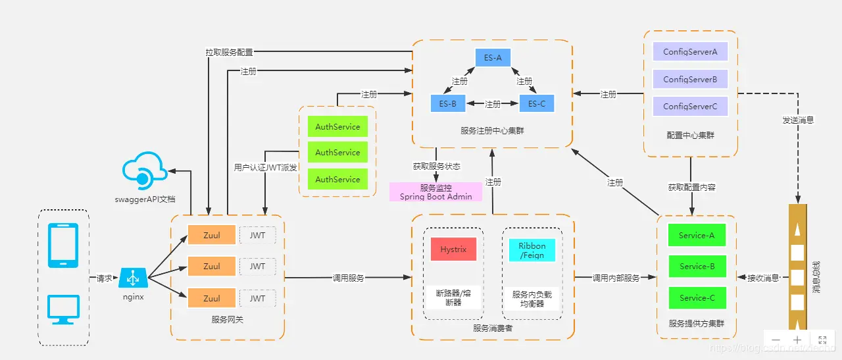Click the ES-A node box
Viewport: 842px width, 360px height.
(493, 58)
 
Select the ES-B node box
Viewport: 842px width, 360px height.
(448, 104)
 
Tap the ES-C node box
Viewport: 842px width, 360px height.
(537, 104)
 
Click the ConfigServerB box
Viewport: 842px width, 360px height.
(690, 79)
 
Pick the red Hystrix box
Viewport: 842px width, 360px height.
(453, 249)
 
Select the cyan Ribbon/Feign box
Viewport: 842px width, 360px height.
(532, 250)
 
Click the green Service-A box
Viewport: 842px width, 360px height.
(697, 235)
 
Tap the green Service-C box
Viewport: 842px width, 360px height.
(697, 297)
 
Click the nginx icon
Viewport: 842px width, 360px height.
(133, 278)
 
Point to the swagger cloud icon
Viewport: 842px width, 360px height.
(143, 170)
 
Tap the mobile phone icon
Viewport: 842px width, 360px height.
(64, 245)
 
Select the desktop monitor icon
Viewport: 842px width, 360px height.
(64, 309)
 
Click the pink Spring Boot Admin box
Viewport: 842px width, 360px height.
(435, 192)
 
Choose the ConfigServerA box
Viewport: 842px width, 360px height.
(690, 52)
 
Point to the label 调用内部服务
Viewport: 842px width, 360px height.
(616, 278)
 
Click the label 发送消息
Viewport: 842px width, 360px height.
(798, 120)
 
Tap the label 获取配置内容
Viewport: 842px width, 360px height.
(691, 188)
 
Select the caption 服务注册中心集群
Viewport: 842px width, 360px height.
(492, 131)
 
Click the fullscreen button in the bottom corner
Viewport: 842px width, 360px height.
(822, 340)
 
